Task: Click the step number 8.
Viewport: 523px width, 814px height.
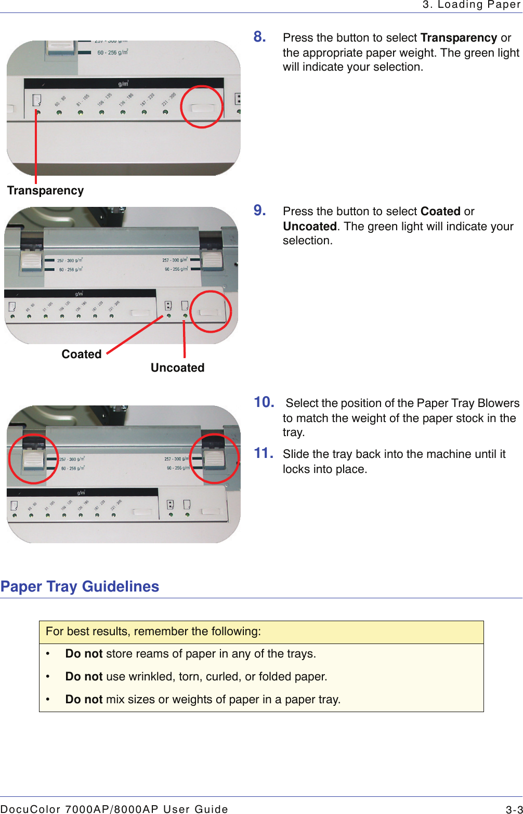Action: coord(260,37)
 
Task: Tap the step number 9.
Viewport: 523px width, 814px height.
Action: coord(260,211)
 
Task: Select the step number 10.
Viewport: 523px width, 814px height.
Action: coord(264,402)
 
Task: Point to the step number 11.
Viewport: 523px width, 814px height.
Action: coord(264,453)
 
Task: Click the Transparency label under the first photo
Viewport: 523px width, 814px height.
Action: coord(45,191)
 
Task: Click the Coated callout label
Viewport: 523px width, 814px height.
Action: coord(82,355)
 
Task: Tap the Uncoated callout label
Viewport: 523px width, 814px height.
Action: coord(177,368)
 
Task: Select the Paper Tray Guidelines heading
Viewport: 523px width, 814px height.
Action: coord(80,586)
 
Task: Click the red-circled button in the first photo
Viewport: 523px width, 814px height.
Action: coord(202,108)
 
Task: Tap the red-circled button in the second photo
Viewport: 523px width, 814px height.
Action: coord(210,312)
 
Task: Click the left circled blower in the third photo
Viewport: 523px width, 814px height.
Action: coord(33,459)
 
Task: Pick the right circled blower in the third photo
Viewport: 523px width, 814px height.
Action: coord(214,458)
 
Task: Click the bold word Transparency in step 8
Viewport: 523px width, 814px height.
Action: coord(459,38)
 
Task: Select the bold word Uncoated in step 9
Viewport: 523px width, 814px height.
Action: coord(310,227)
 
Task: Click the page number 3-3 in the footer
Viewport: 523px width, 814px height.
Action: coord(514,809)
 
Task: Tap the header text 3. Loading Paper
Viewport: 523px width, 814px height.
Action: coord(472,5)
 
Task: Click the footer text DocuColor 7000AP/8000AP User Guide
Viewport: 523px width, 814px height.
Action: coord(114,809)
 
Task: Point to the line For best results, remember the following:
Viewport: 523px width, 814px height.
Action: coord(153,632)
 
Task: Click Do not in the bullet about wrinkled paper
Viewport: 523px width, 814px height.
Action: coord(84,677)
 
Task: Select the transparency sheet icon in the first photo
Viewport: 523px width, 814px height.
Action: coord(37,99)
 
